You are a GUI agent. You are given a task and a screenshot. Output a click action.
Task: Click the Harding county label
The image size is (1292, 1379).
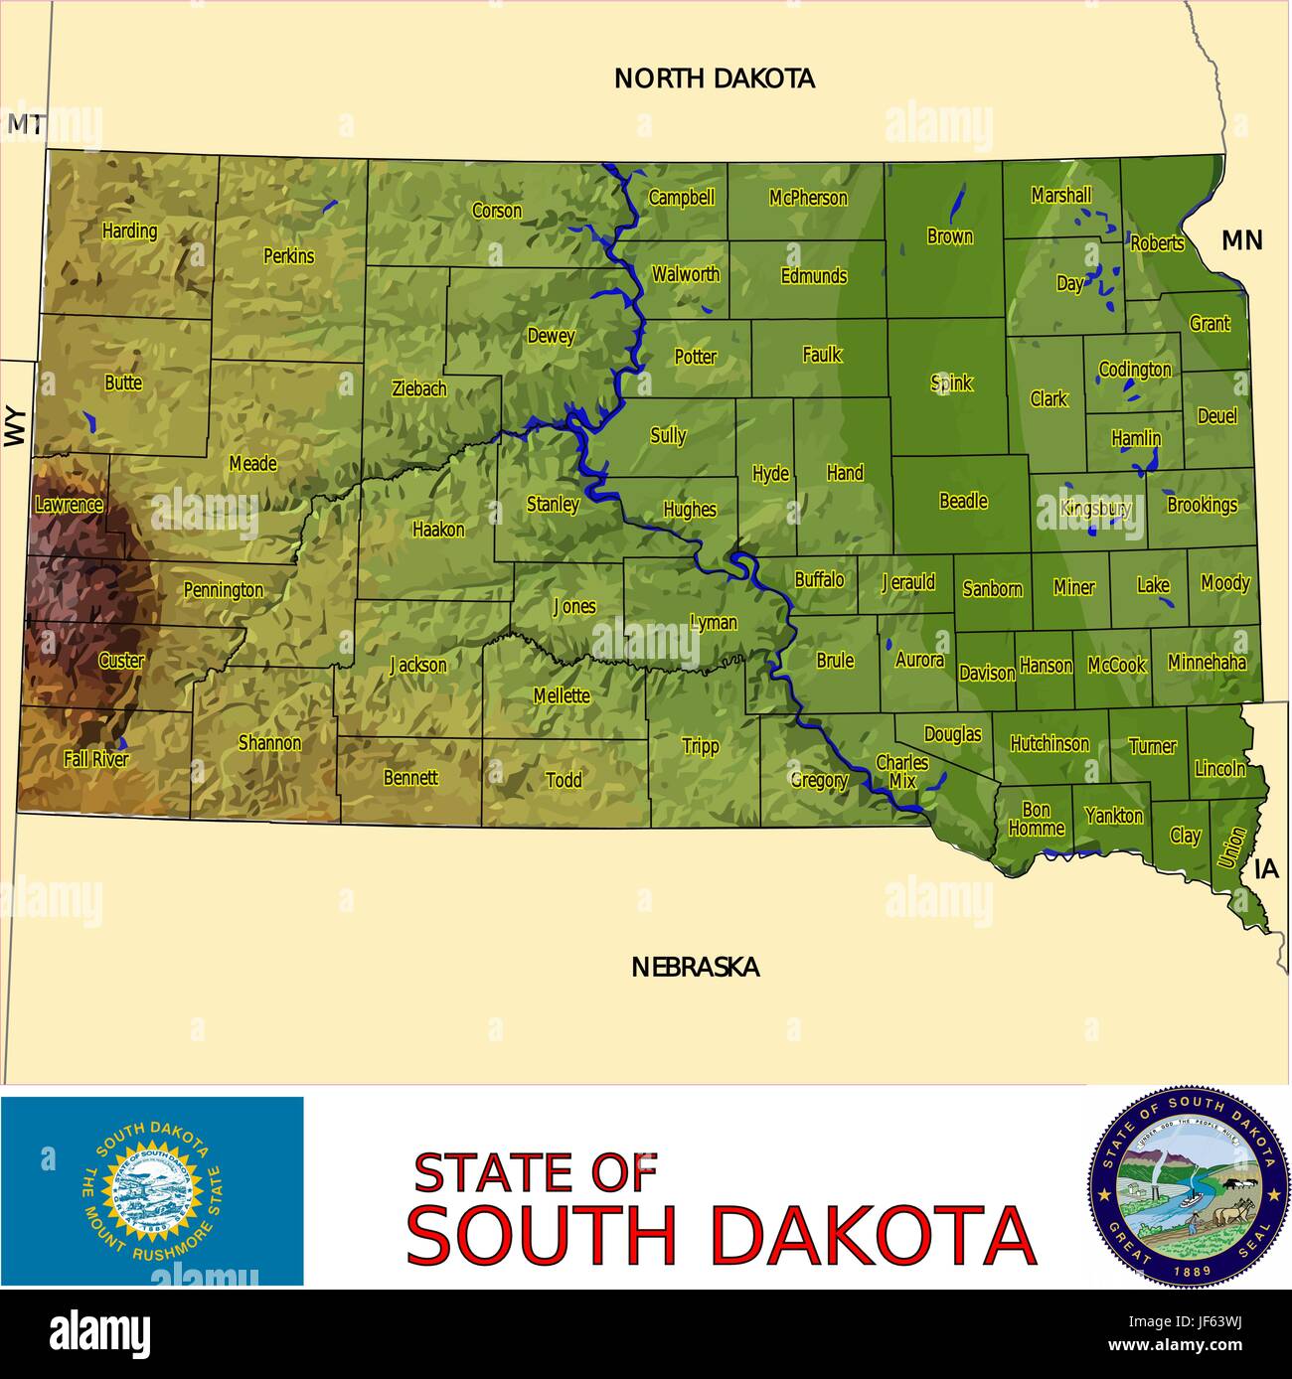(x=130, y=231)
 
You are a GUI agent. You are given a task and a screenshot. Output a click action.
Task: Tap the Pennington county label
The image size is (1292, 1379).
(x=224, y=590)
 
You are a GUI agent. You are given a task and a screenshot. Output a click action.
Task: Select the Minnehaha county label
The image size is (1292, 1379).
(x=1207, y=662)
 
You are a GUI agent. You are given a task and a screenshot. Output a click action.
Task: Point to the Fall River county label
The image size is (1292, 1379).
(x=96, y=760)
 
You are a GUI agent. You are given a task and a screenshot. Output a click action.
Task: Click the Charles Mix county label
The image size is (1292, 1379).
(x=902, y=771)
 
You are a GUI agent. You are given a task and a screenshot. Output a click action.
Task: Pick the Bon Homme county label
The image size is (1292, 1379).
(x=1037, y=821)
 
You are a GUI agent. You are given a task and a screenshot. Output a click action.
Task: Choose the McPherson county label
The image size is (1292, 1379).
(x=808, y=199)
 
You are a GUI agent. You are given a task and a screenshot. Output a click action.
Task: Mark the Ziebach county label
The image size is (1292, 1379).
(x=419, y=389)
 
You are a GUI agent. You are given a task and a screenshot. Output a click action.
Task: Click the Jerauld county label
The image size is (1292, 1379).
(x=907, y=582)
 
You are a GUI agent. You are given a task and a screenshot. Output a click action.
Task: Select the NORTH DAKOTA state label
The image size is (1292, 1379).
(x=715, y=78)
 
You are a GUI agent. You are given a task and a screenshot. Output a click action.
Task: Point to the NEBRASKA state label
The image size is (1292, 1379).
(x=696, y=967)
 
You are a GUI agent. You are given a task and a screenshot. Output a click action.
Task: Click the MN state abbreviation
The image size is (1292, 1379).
(x=1241, y=239)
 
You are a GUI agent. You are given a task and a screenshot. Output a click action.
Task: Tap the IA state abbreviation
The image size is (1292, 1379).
(x=1266, y=869)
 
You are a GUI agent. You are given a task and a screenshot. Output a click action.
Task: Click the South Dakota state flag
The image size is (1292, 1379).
(x=152, y=1190)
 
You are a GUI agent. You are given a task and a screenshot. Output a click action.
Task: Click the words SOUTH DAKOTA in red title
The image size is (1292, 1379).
(x=722, y=1235)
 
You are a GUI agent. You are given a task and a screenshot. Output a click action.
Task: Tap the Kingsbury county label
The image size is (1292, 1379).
(x=1095, y=509)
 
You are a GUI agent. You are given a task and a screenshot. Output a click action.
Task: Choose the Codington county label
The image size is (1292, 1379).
(x=1135, y=371)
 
